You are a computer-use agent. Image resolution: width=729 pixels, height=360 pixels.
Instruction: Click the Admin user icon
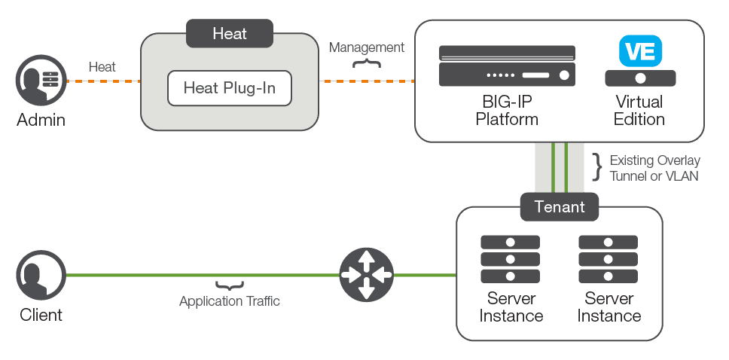pyautogui.click(x=41, y=81)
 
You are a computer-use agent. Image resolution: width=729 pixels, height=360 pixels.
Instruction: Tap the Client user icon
pyautogui.click(x=41, y=276)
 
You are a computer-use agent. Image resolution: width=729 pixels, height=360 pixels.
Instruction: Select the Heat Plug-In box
pyautogui.click(x=230, y=88)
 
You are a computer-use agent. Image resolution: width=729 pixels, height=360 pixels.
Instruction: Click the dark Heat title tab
pyautogui.click(x=230, y=34)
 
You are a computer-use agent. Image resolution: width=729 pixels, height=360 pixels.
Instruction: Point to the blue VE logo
pyautogui.click(x=640, y=51)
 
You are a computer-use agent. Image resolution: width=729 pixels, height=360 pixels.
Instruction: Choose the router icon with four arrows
pyautogui.click(x=366, y=275)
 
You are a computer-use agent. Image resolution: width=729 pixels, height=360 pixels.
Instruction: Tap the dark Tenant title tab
pyautogui.click(x=560, y=207)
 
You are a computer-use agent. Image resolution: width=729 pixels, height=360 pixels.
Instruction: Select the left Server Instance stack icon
pyautogui.click(x=510, y=259)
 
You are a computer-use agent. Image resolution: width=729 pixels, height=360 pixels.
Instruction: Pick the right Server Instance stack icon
pyautogui.click(x=608, y=259)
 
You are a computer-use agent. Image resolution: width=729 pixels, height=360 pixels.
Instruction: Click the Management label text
pyautogui.click(x=367, y=47)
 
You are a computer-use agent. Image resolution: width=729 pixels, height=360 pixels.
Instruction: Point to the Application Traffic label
pyautogui.click(x=230, y=301)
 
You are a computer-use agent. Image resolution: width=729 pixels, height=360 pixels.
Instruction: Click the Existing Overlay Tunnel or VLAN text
pyautogui.click(x=654, y=168)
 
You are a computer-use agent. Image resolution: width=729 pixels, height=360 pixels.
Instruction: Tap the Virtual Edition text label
pyautogui.click(x=639, y=110)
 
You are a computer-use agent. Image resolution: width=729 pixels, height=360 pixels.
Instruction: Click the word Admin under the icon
pyautogui.click(x=41, y=120)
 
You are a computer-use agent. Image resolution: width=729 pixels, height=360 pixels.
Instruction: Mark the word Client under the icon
pyautogui.click(x=41, y=315)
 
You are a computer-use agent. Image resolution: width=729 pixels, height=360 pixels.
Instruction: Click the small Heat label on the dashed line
pyautogui.click(x=102, y=67)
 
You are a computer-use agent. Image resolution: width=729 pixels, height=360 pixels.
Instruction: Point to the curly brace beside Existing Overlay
pyautogui.click(x=598, y=168)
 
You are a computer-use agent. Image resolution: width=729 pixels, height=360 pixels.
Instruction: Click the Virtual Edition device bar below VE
pyautogui.click(x=640, y=78)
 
